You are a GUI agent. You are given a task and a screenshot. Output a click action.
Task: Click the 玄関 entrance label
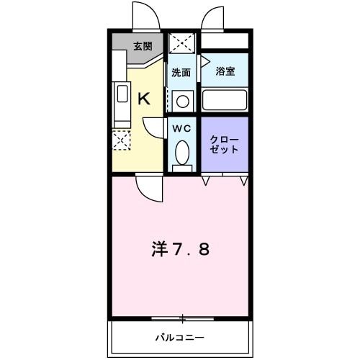(x=143, y=47)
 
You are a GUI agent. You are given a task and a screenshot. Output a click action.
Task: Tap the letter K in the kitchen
(x=143, y=99)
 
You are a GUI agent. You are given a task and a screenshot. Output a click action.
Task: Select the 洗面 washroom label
(x=181, y=73)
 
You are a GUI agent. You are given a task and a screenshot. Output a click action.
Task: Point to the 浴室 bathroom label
(x=225, y=71)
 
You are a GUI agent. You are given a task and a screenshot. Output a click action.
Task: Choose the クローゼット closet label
(x=224, y=143)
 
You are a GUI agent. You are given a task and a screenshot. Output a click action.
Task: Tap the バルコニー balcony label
(x=180, y=336)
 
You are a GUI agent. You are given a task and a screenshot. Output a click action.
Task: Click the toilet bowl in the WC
(x=183, y=153)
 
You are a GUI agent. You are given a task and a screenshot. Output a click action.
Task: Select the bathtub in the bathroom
(x=224, y=99)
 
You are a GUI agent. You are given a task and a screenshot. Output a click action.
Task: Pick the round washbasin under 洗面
(x=183, y=101)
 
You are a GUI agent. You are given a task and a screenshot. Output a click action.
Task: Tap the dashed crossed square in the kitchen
(x=121, y=140)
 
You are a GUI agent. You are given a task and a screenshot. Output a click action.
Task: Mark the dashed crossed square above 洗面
(x=182, y=41)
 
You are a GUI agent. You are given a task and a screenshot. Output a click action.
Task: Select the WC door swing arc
(x=154, y=127)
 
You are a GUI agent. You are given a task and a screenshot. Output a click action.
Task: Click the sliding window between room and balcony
(x=183, y=318)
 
